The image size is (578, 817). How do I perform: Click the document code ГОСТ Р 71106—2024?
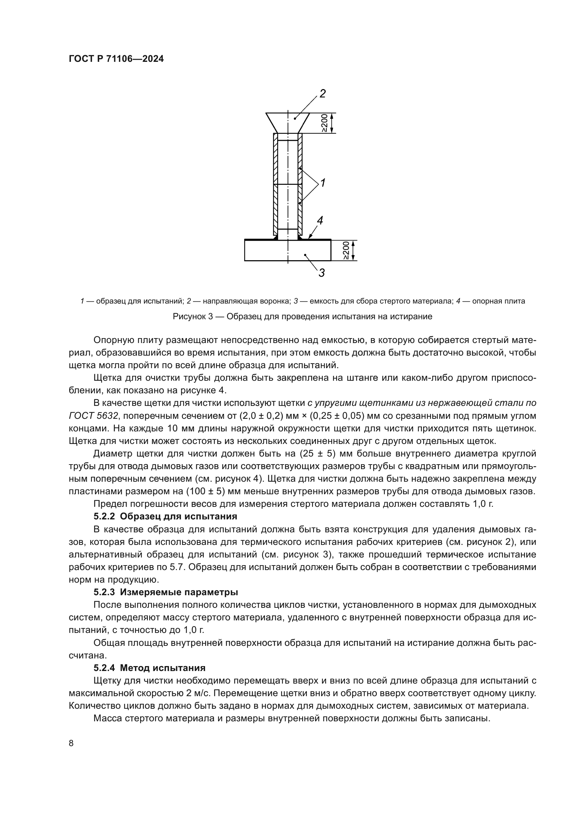click(116, 59)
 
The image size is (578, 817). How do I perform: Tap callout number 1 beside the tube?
click(323, 183)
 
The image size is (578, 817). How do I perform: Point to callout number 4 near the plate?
click(320, 221)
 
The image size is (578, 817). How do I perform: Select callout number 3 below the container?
click(321, 273)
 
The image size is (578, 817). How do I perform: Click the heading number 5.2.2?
click(105, 516)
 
